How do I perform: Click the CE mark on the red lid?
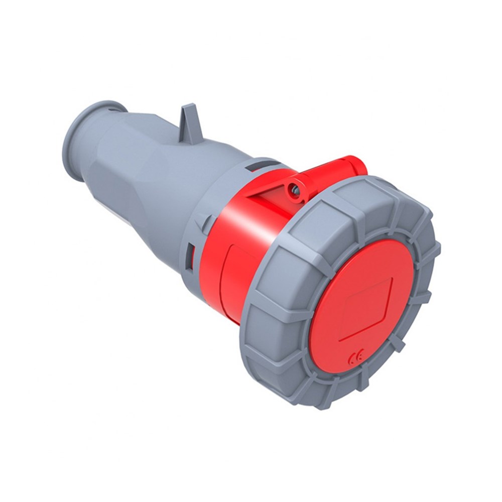click(x=355, y=358)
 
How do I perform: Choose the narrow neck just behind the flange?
click(x=100, y=146)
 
